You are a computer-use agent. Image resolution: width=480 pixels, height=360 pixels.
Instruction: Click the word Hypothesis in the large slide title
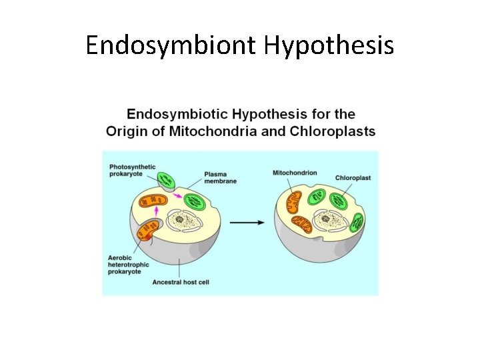[x=329, y=46]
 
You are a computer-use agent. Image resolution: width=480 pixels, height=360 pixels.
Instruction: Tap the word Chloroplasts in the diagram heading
[x=333, y=131]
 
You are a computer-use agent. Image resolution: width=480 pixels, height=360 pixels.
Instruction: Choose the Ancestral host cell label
[x=181, y=282]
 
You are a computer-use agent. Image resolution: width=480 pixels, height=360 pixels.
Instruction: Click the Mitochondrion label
[x=294, y=173]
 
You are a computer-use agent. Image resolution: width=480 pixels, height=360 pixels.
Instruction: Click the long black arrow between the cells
[x=251, y=223]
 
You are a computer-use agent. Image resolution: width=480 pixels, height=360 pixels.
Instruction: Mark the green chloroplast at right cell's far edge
[x=359, y=222]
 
